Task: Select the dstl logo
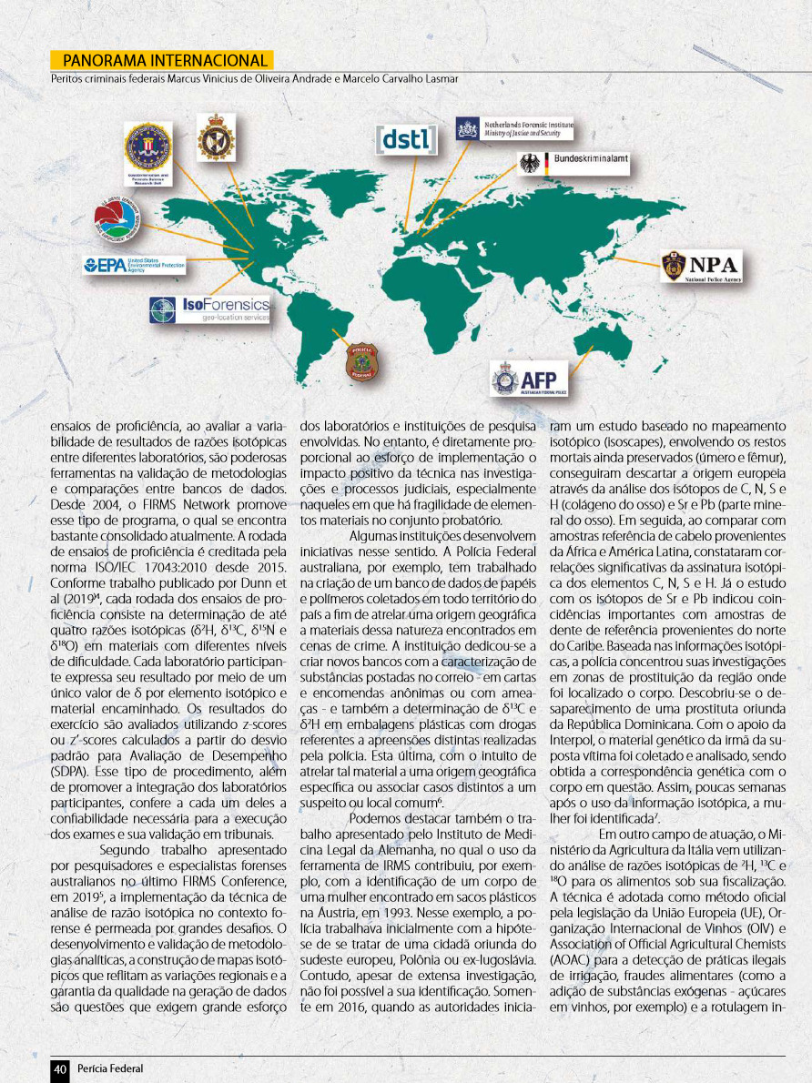point(406,140)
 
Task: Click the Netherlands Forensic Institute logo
point(514,127)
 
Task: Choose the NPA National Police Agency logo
point(701,266)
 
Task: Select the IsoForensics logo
point(210,309)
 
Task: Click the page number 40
point(60,1069)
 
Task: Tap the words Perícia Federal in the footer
point(110,1069)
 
